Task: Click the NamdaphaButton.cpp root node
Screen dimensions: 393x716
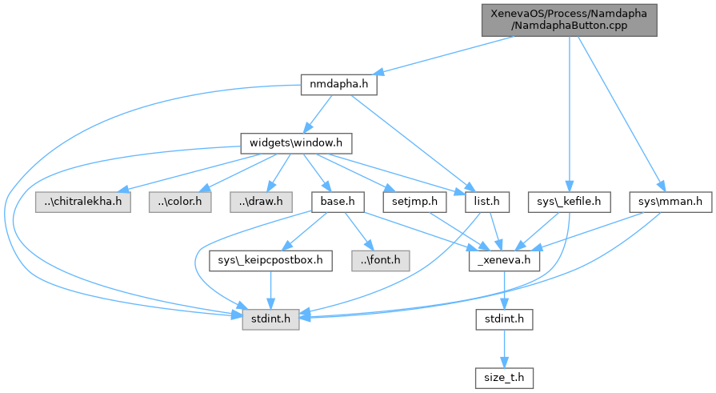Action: [x=569, y=18]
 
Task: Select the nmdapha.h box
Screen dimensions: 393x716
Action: [x=339, y=84]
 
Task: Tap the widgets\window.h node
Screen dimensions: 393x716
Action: [x=296, y=143]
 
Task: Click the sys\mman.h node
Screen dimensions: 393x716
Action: [x=670, y=201]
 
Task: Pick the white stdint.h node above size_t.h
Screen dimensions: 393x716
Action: [x=504, y=319]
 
